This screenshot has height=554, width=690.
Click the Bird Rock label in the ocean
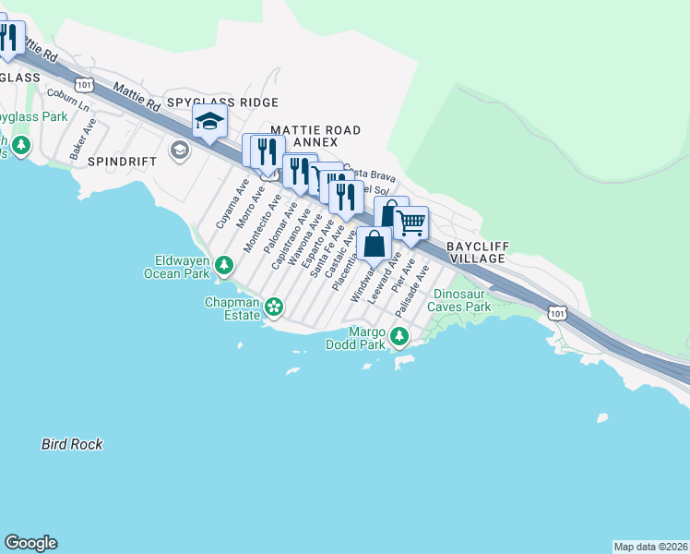tap(72, 444)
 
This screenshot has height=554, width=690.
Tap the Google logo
tap(30, 543)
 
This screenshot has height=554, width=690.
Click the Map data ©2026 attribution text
tap(650, 546)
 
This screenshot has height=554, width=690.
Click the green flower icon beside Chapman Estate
tap(273, 307)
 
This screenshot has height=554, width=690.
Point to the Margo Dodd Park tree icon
tap(399, 335)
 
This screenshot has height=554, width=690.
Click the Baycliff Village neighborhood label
tap(476, 252)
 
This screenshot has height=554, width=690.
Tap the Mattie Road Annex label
tap(315, 137)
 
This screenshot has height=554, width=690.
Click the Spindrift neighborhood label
tap(118, 161)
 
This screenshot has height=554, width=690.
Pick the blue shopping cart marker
tap(410, 222)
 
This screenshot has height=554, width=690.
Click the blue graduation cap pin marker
tap(209, 122)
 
